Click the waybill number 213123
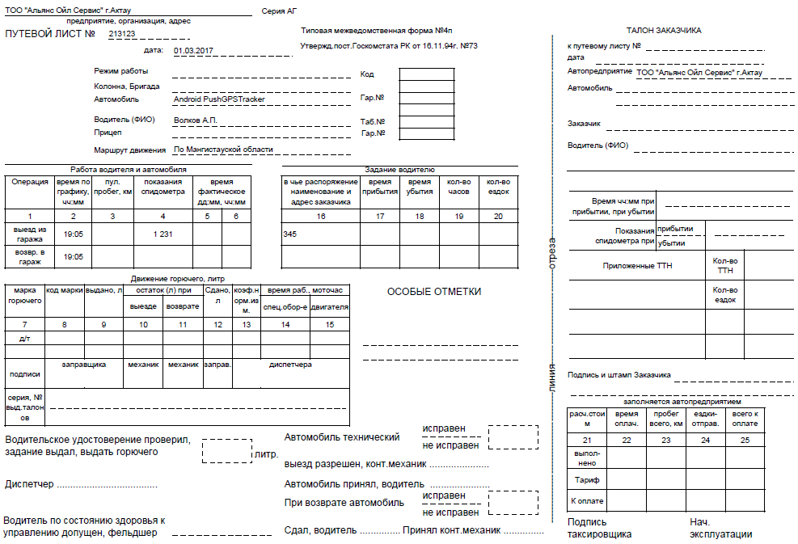[121, 34]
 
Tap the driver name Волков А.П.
[196, 120]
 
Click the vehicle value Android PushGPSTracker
[219, 99]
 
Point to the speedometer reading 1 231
[163, 234]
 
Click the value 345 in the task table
[290, 234]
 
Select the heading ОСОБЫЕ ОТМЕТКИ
[433, 292]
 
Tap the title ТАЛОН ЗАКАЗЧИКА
[664, 30]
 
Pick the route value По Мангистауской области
[224, 150]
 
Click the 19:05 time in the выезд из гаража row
[74, 234]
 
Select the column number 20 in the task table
[498, 216]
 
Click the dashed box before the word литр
[226, 450]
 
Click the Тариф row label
[586, 480]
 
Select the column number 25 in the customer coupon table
[745, 440]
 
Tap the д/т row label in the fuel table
[24, 339]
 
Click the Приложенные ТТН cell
[638, 265]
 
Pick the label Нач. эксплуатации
[720, 528]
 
